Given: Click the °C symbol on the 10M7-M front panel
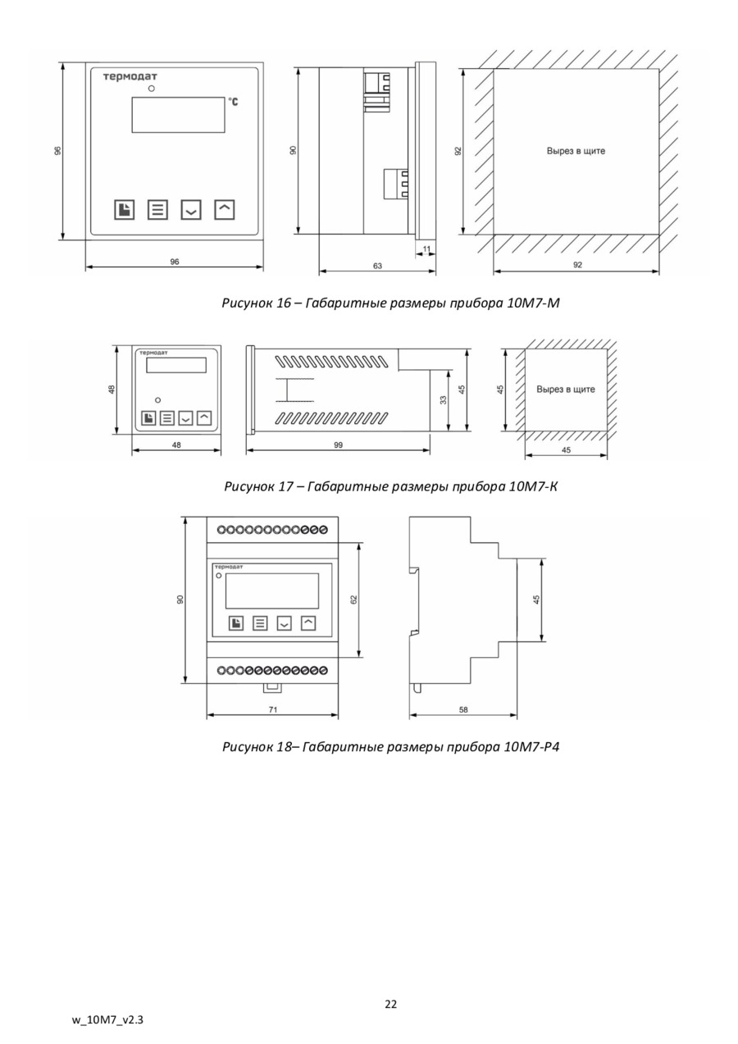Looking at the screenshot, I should tap(234, 103).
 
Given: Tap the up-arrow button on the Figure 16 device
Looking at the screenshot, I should tap(224, 209).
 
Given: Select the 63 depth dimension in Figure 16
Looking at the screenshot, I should tap(377, 266).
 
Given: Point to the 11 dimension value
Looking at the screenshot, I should tap(426, 248).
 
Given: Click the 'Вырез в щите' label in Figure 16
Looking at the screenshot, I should tap(576, 151).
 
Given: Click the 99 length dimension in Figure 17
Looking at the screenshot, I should tap(338, 444).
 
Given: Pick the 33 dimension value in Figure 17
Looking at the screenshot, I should tap(444, 399).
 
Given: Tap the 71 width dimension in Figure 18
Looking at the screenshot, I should tap(273, 709).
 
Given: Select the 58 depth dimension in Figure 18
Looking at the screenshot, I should tap(463, 710).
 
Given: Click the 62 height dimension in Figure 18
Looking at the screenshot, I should tap(354, 600).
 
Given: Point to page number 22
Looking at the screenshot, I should tap(391, 1005).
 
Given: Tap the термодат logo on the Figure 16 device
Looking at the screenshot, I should tap(130, 77).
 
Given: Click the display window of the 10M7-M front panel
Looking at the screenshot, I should tap(178, 115).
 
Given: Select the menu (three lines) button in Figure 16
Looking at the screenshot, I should tap(157, 210).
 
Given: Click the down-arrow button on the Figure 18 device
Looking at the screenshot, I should tap(284, 623).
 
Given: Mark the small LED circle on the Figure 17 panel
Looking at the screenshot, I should tap(157, 399).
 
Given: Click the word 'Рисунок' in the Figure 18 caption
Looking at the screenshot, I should tap(248, 747).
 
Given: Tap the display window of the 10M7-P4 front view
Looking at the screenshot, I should tap(271, 590).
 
